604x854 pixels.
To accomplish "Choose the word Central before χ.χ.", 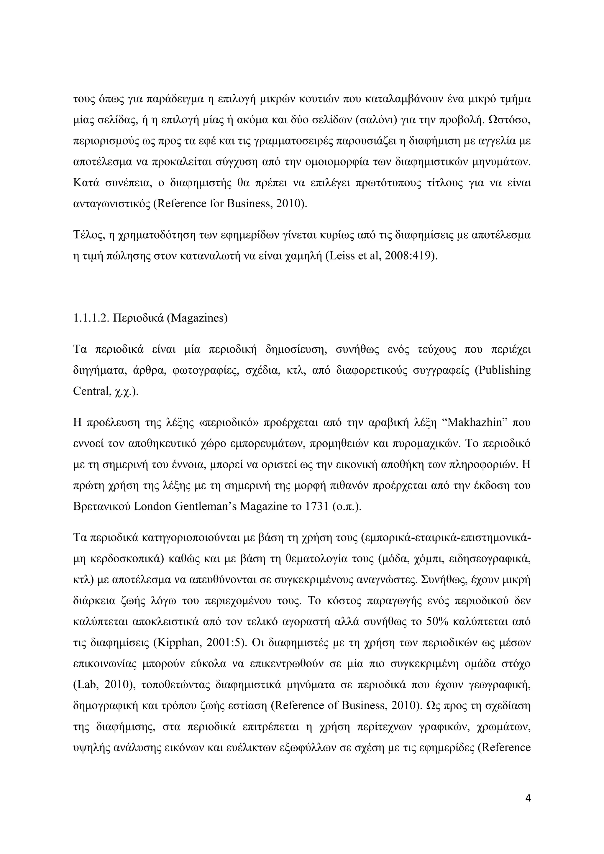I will pyautogui.click(x=90, y=391).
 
